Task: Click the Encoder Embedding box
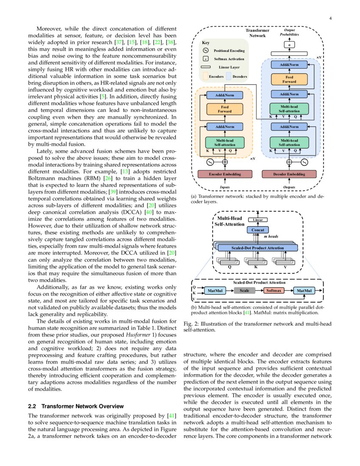coord(225,174)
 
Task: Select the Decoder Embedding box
coord(289,174)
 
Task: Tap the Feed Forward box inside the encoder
coord(225,109)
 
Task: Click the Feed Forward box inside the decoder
coord(289,79)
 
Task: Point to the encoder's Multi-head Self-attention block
coord(225,142)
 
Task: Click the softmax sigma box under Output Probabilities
coord(289,44)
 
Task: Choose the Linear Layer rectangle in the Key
coord(206,67)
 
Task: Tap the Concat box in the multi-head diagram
coord(258,230)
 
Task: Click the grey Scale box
coord(244,291)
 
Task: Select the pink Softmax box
coord(274,291)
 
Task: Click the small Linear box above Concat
coord(258,220)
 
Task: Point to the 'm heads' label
coord(271,236)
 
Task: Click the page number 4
coord(330,19)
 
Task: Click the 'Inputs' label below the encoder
coord(225,187)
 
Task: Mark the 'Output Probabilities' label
coord(289,32)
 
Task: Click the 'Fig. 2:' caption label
coord(191,324)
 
